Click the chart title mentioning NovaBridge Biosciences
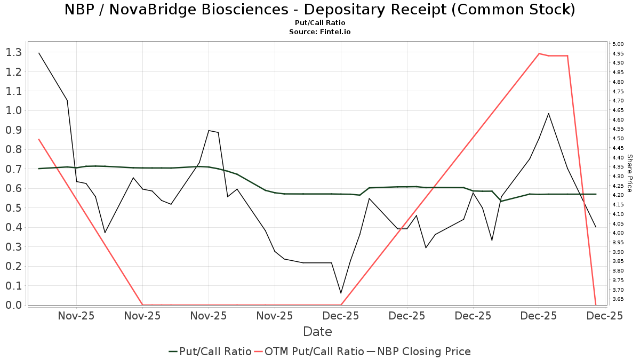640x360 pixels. (x=319, y=10)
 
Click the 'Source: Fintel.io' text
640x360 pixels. (x=319, y=32)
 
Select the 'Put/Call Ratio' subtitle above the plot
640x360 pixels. (x=319, y=23)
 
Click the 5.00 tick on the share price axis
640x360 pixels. (x=618, y=44)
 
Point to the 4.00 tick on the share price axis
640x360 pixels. (x=618, y=233)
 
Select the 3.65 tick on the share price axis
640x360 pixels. (x=618, y=299)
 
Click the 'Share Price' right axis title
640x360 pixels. (x=629, y=173)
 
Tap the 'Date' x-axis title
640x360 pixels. (x=317, y=332)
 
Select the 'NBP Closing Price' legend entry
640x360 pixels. (x=424, y=351)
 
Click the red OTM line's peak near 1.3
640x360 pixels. (x=539, y=53)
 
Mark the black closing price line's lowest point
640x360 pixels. (x=341, y=293)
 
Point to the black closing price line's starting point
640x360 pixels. (x=39, y=53)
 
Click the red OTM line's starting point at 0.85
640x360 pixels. (x=39, y=139)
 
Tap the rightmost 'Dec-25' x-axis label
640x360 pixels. (x=605, y=316)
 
